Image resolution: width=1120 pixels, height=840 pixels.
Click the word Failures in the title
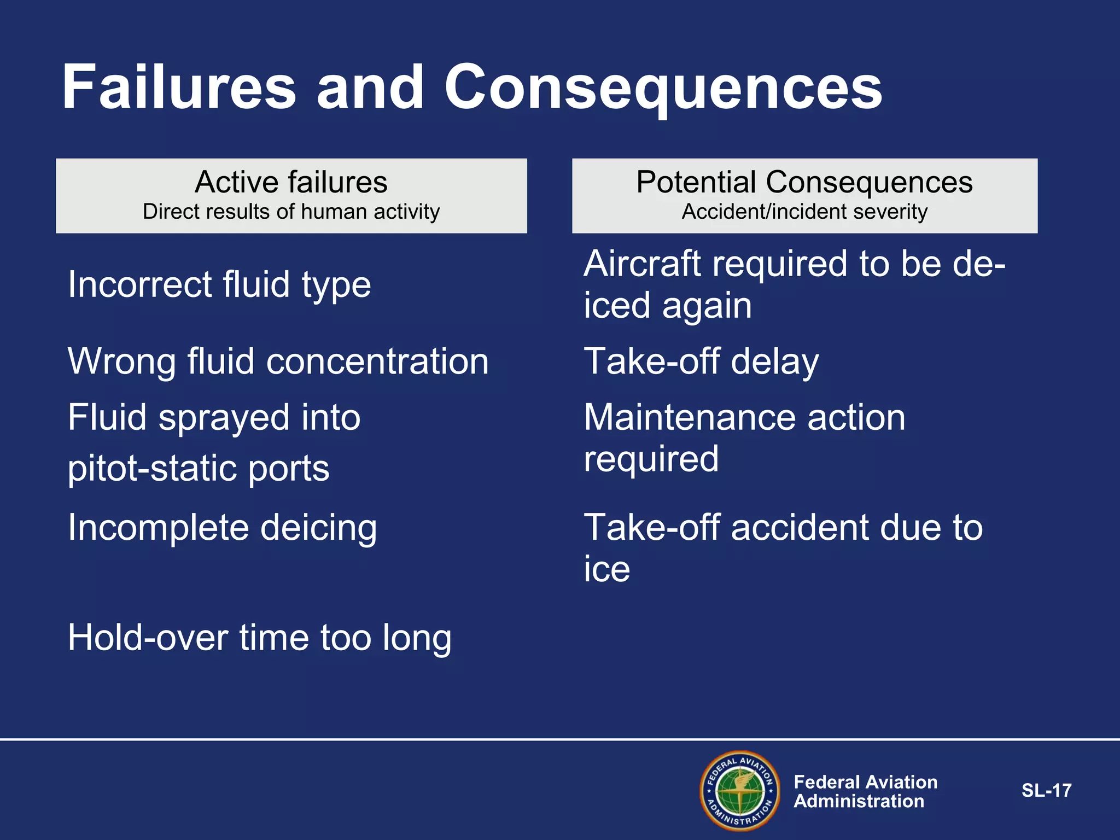pos(179,87)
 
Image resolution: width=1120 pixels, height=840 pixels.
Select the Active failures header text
pos(291,182)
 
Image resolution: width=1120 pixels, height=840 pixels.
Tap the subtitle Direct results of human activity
pos(291,212)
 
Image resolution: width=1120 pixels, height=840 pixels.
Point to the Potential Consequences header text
pos(804,182)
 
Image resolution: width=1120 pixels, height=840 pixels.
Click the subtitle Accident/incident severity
pos(804,212)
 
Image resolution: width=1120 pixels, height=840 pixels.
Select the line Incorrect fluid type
pos(219,285)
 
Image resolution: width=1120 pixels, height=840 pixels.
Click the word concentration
pos(377,361)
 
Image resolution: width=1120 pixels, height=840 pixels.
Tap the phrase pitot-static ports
pos(199,469)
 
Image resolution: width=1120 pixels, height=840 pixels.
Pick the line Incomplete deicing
pos(222,528)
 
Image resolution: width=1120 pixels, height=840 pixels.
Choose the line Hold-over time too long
pos(260,638)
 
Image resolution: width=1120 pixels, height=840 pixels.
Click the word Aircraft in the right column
pos(643,264)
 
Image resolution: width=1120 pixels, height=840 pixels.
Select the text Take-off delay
pos(701,361)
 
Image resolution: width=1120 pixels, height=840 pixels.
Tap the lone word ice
pos(607,569)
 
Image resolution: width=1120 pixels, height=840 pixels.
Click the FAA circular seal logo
pos(740,791)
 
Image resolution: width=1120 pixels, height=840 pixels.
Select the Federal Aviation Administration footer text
pos(865,791)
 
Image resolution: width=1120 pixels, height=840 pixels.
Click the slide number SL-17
pos(1046,791)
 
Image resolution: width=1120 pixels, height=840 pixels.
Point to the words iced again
pos(667,306)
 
